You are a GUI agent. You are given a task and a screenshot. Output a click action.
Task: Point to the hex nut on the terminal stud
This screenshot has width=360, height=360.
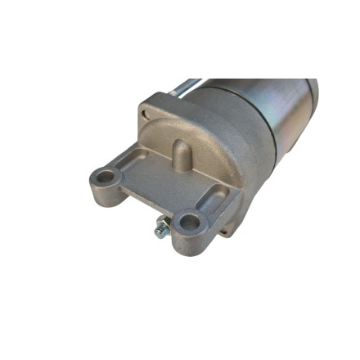click(x=164, y=226)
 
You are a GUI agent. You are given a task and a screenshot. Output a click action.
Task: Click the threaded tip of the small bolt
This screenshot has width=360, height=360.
click(x=158, y=233)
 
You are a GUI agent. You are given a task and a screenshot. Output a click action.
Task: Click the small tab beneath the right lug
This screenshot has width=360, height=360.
click(x=223, y=232)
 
